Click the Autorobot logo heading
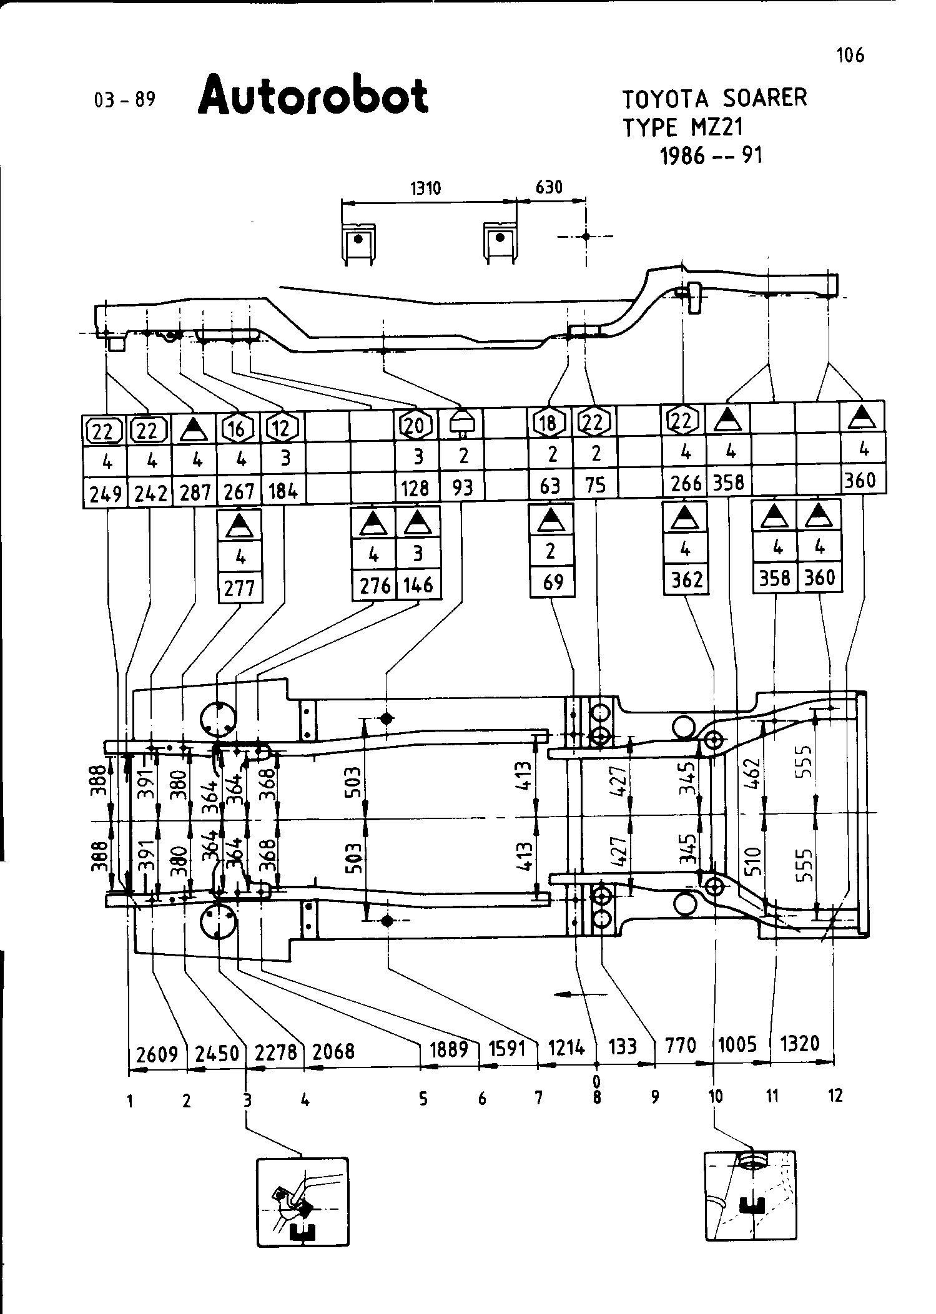pyautogui.click(x=313, y=96)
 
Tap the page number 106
pyautogui.click(x=850, y=56)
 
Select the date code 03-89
pyautogui.click(x=124, y=100)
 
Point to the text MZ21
pyautogui.click(x=717, y=127)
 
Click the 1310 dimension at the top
pyautogui.click(x=425, y=188)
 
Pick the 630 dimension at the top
pyautogui.click(x=549, y=187)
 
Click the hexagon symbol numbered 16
pyautogui.click(x=239, y=428)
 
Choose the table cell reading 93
pyautogui.click(x=463, y=487)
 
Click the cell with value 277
pyautogui.click(x=240, y=588)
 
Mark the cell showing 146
pyautogui.click(x=418, y=585)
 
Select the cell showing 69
pyautogui.click(x=551, y=582)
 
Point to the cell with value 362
pyautogui.click(x=686, y=580)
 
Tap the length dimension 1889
pyautogui.click(x=449, y=1049)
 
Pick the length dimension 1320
pyautogui.click(x=800, y=1043)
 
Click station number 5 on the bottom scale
pyautogui.click(x=423, y=1098)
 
